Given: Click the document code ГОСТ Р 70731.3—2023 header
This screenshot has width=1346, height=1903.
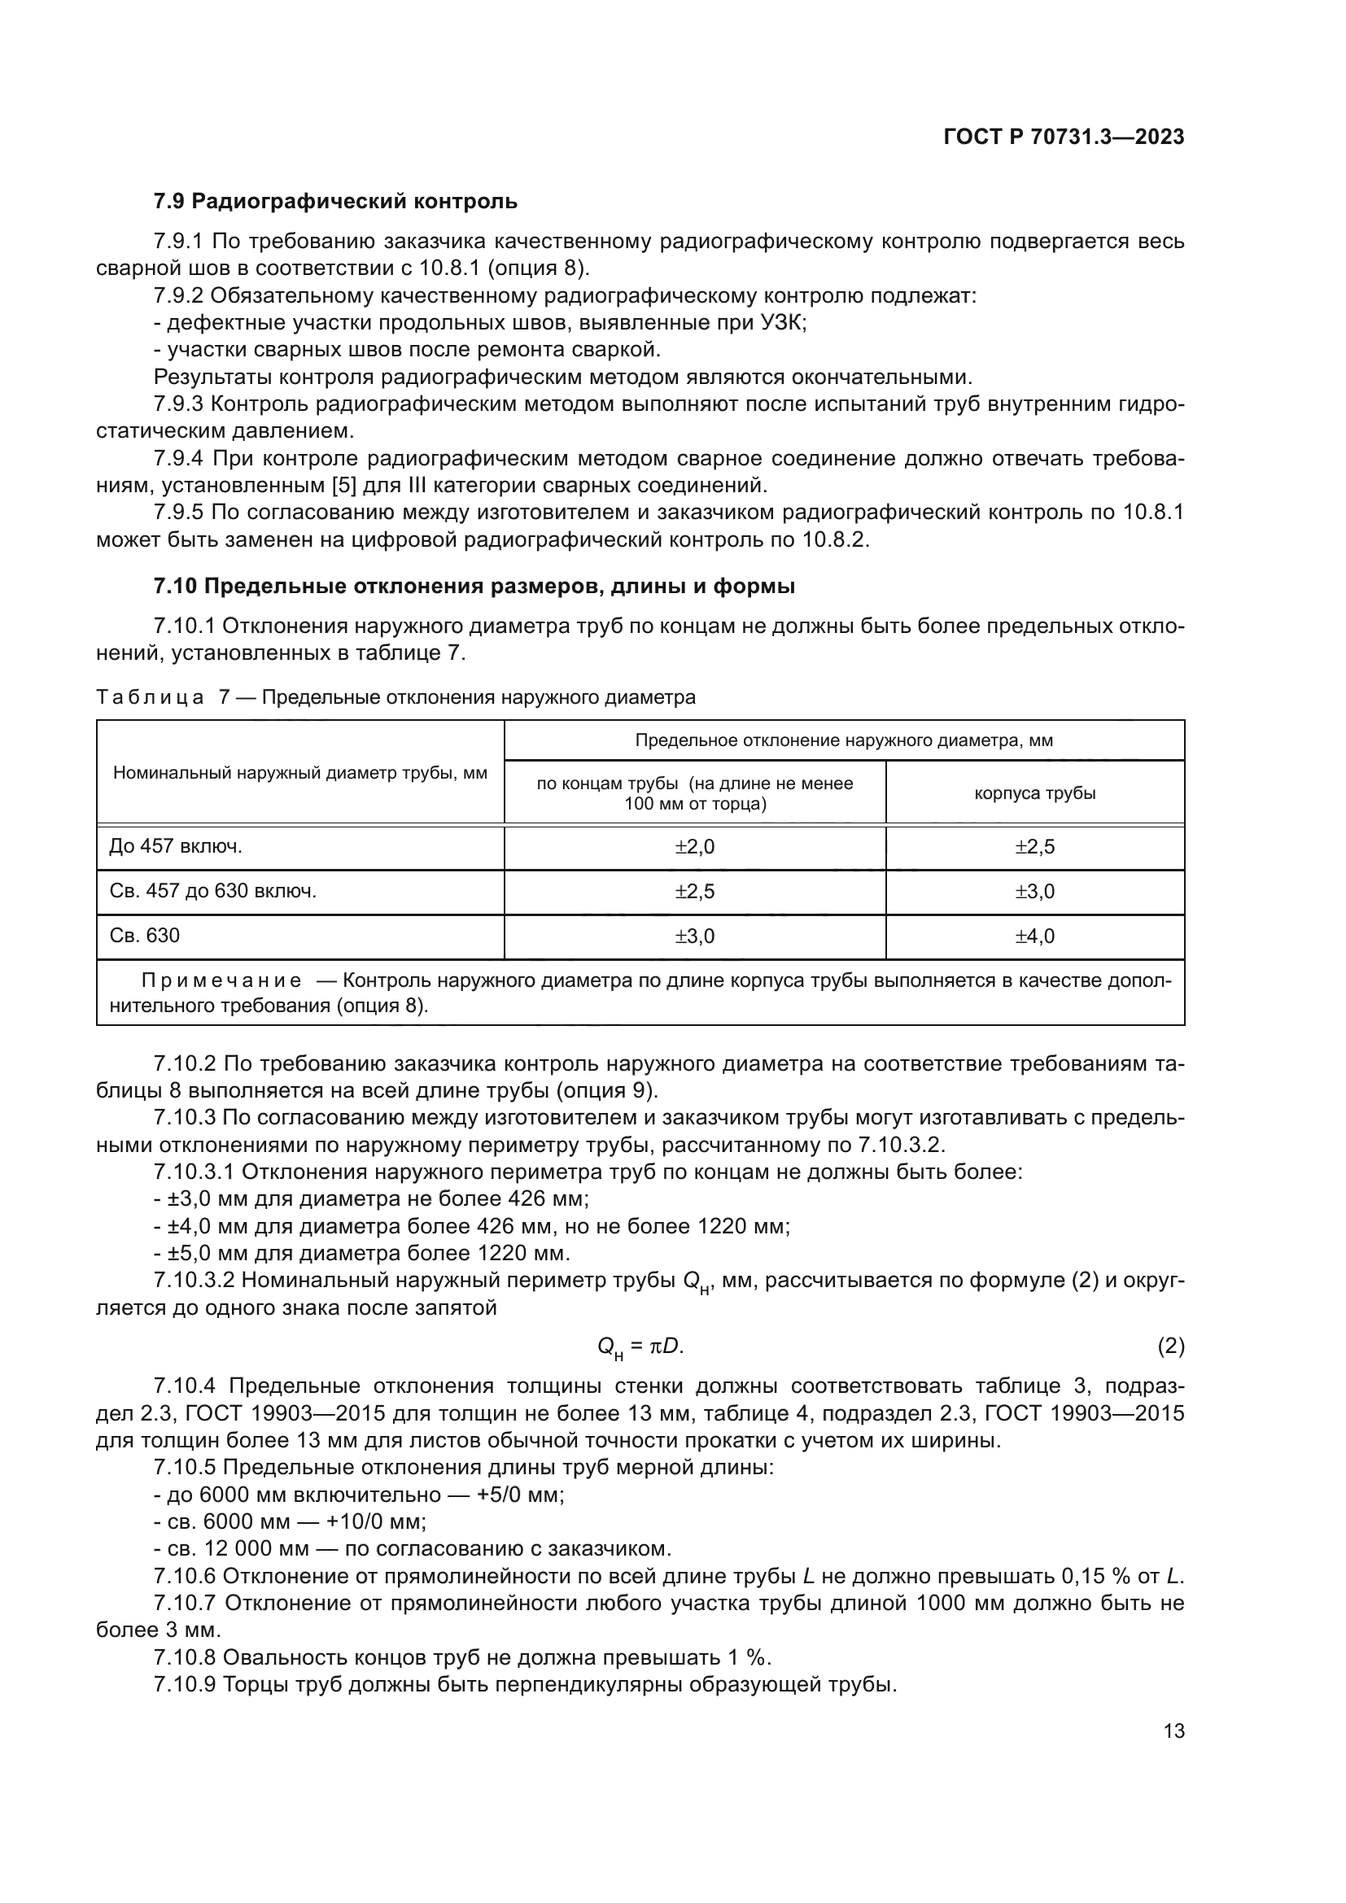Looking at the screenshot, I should (x=1064, y=137).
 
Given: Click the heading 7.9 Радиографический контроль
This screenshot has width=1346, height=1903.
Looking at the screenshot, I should (x=334, y=202).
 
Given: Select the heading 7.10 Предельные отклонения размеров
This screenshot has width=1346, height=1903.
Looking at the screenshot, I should (x=474, y=587).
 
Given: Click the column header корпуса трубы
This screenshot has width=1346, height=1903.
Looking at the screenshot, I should (x=1034, y=793).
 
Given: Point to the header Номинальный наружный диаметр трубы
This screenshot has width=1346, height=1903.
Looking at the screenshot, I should (x=300, y=773).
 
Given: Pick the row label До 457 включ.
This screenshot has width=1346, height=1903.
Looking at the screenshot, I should (x=176, y=846).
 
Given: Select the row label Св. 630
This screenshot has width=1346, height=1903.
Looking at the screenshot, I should (x=144, y=936).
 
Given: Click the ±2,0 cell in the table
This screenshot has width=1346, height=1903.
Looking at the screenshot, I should (x=694, y=847).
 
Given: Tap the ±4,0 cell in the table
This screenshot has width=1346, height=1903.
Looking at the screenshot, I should (x=1034, y=936).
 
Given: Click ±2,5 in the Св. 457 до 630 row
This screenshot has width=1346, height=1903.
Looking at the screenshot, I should (x=694, y=892).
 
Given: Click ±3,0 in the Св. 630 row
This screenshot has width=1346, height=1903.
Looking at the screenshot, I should (x=694, y=936).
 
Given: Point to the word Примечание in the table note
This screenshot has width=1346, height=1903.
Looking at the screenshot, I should (x=221, y=981).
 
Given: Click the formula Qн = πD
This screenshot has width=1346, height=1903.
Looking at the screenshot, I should (x=640, y=1347).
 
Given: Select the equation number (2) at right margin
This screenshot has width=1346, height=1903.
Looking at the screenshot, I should (x=1170, y=1347).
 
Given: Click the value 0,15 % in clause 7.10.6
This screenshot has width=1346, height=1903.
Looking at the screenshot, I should (x=1098, y=1577).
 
